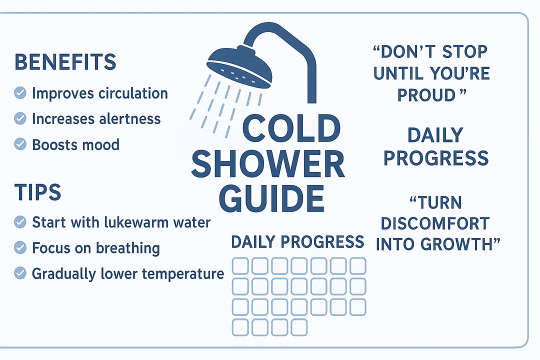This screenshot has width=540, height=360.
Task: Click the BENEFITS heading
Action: coord(65,62)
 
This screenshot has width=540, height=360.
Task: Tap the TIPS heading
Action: coord(38,192)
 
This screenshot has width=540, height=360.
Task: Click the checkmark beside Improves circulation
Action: coord(20,92)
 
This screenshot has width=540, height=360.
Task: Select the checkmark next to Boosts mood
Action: coord(20,144)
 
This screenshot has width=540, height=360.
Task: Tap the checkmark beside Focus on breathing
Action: coord(20,247)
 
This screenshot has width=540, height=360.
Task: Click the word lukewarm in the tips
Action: coord(136,222)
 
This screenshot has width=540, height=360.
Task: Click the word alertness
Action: coord(130,119)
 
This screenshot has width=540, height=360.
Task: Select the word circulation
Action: coord(133,93)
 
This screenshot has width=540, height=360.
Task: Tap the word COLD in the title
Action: coord(291,128)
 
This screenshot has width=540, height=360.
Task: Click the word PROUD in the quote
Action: coord(426,95)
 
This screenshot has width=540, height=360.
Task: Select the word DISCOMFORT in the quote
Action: coord(435,223)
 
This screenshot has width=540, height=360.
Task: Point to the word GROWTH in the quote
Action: coord(456,244)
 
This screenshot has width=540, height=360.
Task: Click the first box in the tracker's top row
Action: coord(240,266)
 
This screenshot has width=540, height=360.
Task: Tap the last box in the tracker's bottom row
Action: coord(299,327)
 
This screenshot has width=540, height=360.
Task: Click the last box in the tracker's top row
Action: coord(358,266)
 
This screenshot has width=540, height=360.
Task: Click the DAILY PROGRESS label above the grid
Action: coord(297,242)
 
